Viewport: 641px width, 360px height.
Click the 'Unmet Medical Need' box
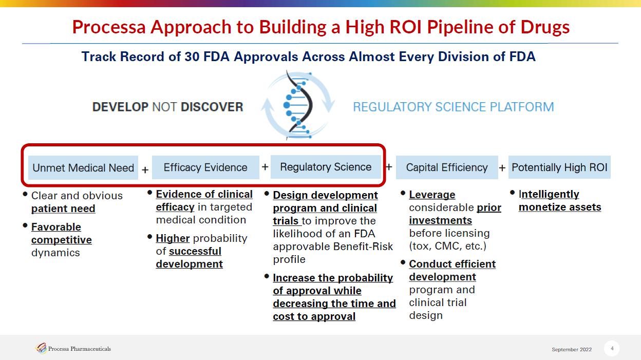tap(83, 168)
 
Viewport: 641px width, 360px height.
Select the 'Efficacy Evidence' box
tap(205, 167)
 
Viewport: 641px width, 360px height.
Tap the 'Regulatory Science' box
tap(326, 167)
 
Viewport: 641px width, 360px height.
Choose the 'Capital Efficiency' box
tap(447, 167)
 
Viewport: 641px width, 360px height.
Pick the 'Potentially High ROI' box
tap(559, 167)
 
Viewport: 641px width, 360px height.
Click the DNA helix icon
tap(298, 105)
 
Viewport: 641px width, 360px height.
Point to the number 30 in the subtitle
tap(192, 56)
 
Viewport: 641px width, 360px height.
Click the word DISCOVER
tap(212, 107)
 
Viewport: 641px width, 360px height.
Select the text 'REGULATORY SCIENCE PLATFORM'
tap(454, 107)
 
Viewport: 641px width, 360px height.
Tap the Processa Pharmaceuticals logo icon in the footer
tap(41, 348)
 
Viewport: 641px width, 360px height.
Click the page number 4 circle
tap(612, 348)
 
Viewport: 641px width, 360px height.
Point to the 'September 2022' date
tap(572, 349)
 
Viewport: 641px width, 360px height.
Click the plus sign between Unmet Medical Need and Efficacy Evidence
tap(145, 170)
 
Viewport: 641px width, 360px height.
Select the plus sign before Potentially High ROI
tap(502, 168)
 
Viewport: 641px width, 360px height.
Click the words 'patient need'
tap(63, 209)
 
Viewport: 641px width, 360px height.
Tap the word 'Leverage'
tap(432, 195)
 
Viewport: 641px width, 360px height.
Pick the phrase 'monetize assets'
tap(560, 207)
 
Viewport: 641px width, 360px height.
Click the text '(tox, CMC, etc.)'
tap(447, 246)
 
